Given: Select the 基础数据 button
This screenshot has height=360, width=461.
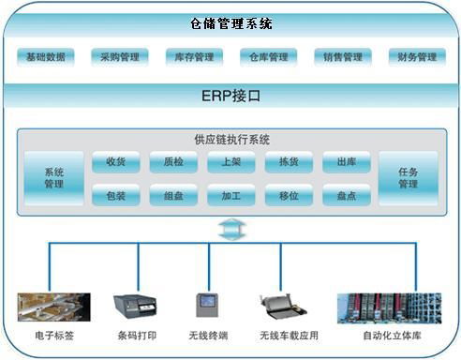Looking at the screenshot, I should coord(45,57).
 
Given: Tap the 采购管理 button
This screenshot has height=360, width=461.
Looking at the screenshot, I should coord(119,57).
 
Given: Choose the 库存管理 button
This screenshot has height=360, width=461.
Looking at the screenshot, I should coord(194,57).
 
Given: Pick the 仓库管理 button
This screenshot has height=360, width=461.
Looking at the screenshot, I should coord(268,57).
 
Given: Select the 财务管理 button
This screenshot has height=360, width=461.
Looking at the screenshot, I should coord(416,57).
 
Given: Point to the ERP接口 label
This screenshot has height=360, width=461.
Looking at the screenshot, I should coord(230,96).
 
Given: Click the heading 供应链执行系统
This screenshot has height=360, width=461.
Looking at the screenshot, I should coord(230,139).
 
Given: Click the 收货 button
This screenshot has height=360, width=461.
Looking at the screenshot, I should coord(115,162).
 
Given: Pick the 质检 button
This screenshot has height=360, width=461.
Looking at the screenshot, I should coord(173,162).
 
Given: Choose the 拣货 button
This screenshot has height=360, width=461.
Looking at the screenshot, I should coord(289,162).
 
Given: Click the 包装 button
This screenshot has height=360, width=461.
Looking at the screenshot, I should coord(115,197).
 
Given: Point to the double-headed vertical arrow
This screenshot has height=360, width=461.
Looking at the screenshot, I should coord(230,229).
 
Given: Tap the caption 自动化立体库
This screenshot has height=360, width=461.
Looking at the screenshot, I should coord(391,335).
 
